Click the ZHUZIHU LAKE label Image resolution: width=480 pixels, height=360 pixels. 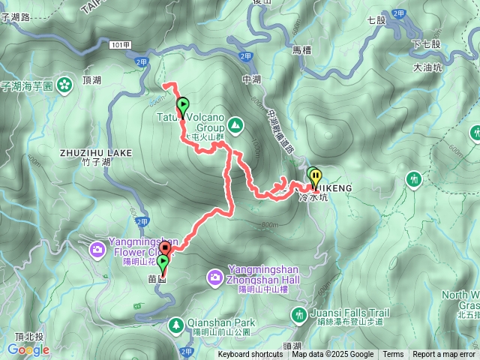[x=95, y=152]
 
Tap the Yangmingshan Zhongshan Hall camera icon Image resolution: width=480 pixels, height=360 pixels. [x=215, y=279]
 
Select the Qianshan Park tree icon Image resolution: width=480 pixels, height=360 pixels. [x=176, y=325]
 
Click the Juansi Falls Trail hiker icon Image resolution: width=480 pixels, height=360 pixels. [x=299, y=314]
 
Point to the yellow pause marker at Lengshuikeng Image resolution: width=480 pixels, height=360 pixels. [x=313, y=175]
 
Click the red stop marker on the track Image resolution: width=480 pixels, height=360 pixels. [x=165, y=246]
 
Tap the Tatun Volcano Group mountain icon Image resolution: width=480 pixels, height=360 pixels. [x=235, y=124]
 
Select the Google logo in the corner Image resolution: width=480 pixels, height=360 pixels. [x=28, y=349]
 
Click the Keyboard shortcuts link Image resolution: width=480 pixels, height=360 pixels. [x=250, y=355]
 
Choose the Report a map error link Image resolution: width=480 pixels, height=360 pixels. [x=444, y=355]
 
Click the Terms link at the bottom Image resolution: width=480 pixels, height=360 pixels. [x=393, y=355]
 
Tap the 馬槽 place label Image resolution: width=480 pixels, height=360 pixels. [x=301, y=49]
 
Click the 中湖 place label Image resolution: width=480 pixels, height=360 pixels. [x=251, y=78]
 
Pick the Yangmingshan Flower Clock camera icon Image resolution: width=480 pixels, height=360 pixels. [x=98, y=248]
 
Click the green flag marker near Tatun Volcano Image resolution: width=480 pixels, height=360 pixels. [x=181, y=106]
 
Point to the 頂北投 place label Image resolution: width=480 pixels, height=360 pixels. [x=28, y=337]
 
